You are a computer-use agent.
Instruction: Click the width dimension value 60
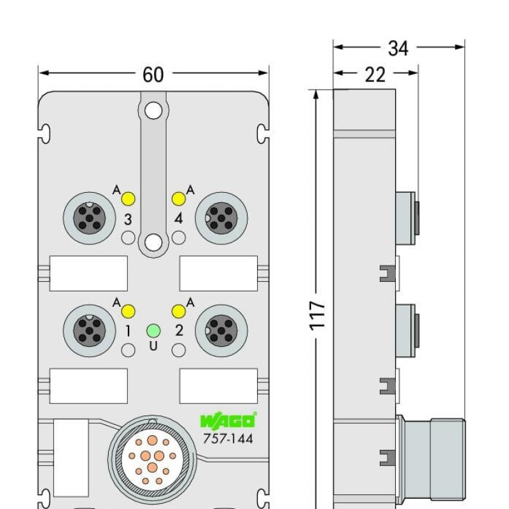153,74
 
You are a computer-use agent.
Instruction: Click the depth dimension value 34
398,48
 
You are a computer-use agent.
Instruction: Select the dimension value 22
375,74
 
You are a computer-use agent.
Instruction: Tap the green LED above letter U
153,330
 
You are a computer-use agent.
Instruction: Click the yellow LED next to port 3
128,199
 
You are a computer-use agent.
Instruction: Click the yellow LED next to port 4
179,199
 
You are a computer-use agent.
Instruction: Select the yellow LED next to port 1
128,311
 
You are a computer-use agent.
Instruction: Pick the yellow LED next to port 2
179,311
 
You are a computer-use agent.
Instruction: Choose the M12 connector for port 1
89,330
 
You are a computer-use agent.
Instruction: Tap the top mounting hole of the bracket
153,111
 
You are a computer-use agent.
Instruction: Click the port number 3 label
128,220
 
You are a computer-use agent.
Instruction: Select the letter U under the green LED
153,346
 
